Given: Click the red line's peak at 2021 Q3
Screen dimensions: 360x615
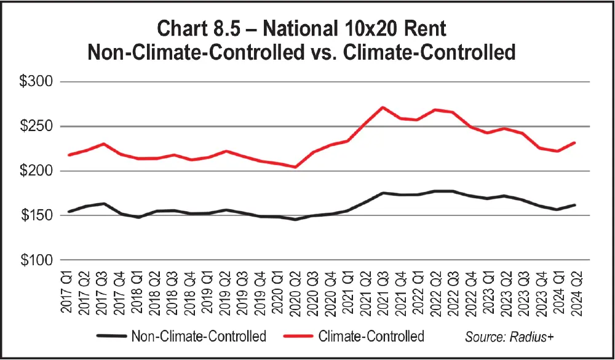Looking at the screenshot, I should click(382, 107).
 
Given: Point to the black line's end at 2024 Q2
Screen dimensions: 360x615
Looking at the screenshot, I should click(574, 205).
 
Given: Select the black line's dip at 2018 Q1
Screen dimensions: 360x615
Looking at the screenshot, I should click(138, 217).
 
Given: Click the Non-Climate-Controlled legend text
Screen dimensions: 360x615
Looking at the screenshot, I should click(198, 337).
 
